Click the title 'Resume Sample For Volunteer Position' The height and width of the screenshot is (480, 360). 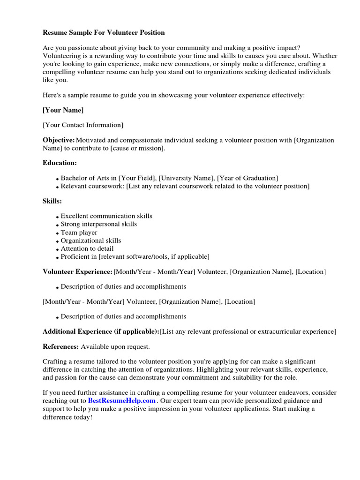(104, 32)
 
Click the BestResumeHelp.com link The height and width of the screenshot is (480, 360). (121, 401)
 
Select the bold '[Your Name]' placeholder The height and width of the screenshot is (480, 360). (63, 110)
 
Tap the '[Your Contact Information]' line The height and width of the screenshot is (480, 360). (83, 125)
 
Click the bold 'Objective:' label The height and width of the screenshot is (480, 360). (59, 140)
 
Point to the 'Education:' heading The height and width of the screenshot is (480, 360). (60, 163)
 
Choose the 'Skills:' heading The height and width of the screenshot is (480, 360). (52, 201)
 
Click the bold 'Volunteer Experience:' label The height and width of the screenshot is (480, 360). (77, 271)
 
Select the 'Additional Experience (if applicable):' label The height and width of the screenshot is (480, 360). (101, 331)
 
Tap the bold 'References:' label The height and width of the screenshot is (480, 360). (60, 346)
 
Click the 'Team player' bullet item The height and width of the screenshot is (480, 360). (79, 232)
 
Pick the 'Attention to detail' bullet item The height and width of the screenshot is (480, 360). (87, 248)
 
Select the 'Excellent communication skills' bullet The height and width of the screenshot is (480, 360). (106, 216)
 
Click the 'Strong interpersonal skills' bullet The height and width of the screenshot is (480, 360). (99, 224)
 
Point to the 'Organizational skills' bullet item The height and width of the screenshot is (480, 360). (91, 240)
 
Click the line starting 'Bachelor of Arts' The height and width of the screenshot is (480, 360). (169, 178)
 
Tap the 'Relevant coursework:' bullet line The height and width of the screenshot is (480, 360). (185, 186)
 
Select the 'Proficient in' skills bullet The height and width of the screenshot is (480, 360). (135, 256)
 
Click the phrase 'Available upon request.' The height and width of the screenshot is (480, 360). (115, 346)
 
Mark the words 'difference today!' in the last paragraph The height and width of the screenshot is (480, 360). (67, 417)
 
